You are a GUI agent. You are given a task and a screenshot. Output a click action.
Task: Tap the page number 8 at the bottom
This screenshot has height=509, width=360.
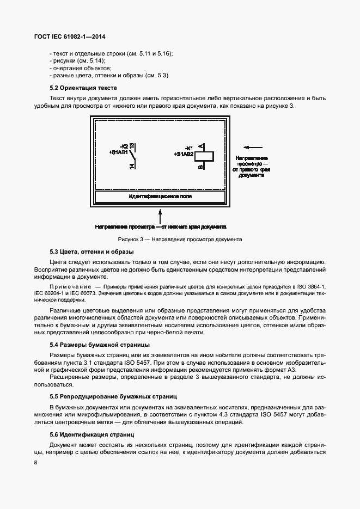click(35, 462)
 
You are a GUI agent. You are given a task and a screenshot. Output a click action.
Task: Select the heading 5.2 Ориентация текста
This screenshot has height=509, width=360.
click(83, 88)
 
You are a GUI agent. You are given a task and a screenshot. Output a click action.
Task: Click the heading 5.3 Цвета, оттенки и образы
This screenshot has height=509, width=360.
click(91, 252)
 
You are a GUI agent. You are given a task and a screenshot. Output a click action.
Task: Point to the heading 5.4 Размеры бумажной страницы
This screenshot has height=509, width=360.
click(100, 345)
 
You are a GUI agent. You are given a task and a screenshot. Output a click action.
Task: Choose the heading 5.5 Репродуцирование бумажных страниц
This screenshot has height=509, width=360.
click(113, 396)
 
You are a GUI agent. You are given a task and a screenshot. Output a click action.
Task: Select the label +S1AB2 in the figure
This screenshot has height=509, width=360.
click(184, 155)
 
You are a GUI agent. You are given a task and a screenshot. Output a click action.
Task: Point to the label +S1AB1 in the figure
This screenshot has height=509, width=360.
click(119, 152)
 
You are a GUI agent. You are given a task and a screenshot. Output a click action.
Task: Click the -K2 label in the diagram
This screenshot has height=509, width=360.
click(123, 146)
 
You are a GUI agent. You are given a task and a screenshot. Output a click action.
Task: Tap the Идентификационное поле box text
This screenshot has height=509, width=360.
click(160, 197)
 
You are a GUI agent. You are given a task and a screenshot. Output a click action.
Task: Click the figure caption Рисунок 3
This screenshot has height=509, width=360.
click(179, 239)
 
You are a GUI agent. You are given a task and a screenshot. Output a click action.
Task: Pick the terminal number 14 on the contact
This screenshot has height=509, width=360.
click(132, 166)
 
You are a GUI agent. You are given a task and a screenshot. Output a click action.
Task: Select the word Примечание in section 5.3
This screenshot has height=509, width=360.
click(70, 286)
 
